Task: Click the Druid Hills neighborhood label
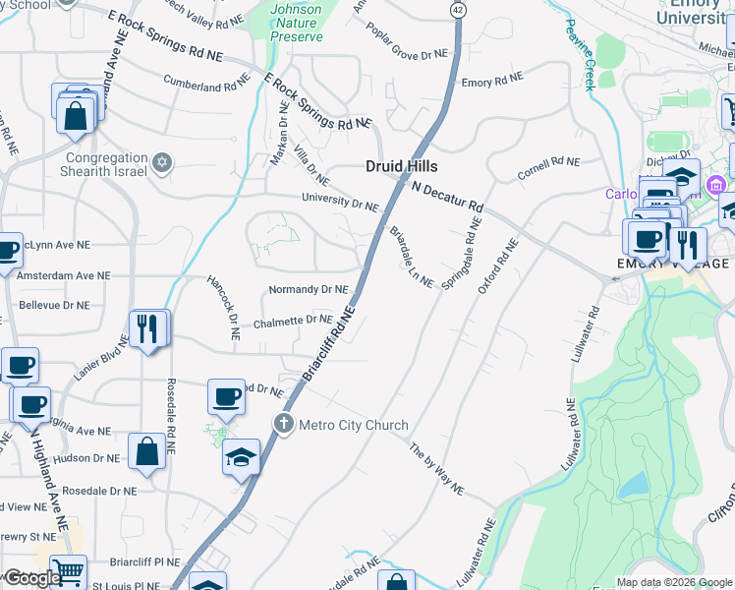click(x=402, y=166)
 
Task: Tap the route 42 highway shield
click(x=458, y=9)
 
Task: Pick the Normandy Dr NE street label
click(x=309, y=290)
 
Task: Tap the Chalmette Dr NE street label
click(x=293, y=319)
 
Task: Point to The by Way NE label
click(x=435, y=469)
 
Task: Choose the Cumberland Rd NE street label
click(x=207, y=84)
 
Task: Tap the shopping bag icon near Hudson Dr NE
click(x=146, y=453)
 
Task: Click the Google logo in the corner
click(x=32, y=578)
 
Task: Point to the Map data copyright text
click(x=673, y=582)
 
